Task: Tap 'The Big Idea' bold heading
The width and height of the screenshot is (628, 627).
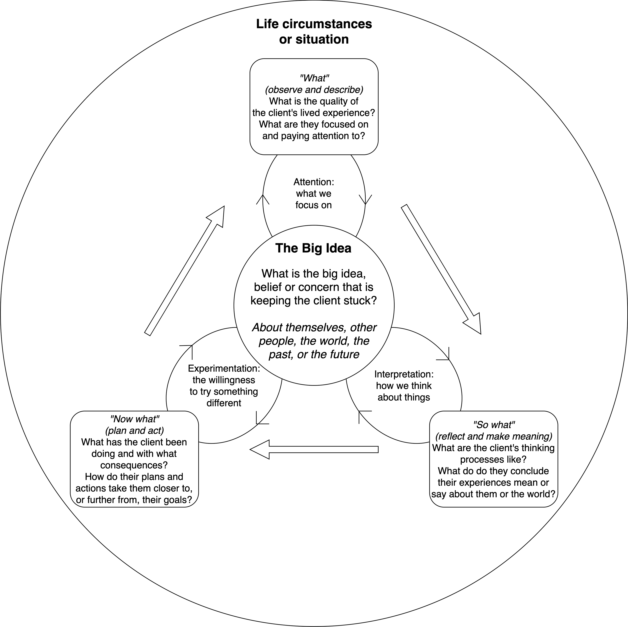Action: click(313, 248)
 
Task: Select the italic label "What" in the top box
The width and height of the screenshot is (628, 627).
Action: click(314, 78)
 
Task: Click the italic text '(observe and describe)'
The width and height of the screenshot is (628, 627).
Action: click(314, 90)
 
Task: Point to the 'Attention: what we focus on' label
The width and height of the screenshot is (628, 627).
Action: click(314, 194)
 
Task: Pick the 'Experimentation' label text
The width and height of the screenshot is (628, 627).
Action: click(224, 369)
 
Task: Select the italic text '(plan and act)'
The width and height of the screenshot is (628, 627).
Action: click(134, 431)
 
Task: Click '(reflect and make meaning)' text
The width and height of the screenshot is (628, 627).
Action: click(494, 436)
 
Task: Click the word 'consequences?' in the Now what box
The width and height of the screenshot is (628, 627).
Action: click(134, 465)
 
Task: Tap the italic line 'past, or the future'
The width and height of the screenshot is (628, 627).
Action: click(314, 354)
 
